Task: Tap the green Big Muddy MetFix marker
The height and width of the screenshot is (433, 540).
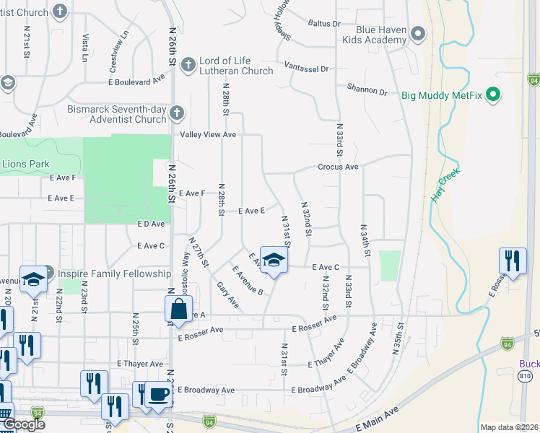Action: click(x=494, y=94)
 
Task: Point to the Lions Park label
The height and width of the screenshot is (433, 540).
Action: click(x=25, y=165)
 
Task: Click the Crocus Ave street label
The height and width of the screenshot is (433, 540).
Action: click(x=339, y=167)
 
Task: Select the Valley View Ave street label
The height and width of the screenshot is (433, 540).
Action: click(x=208, y=135)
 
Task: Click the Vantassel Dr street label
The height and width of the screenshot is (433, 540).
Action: click(x=306, y=68)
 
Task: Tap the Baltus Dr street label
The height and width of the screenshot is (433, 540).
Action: click(x=323, y=23)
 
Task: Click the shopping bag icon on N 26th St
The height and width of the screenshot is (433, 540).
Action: click(x=178, y=310)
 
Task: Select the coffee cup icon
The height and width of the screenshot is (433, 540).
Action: click(x=159, y=394)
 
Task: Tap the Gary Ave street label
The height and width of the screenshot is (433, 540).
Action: click(x=227, y=294)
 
